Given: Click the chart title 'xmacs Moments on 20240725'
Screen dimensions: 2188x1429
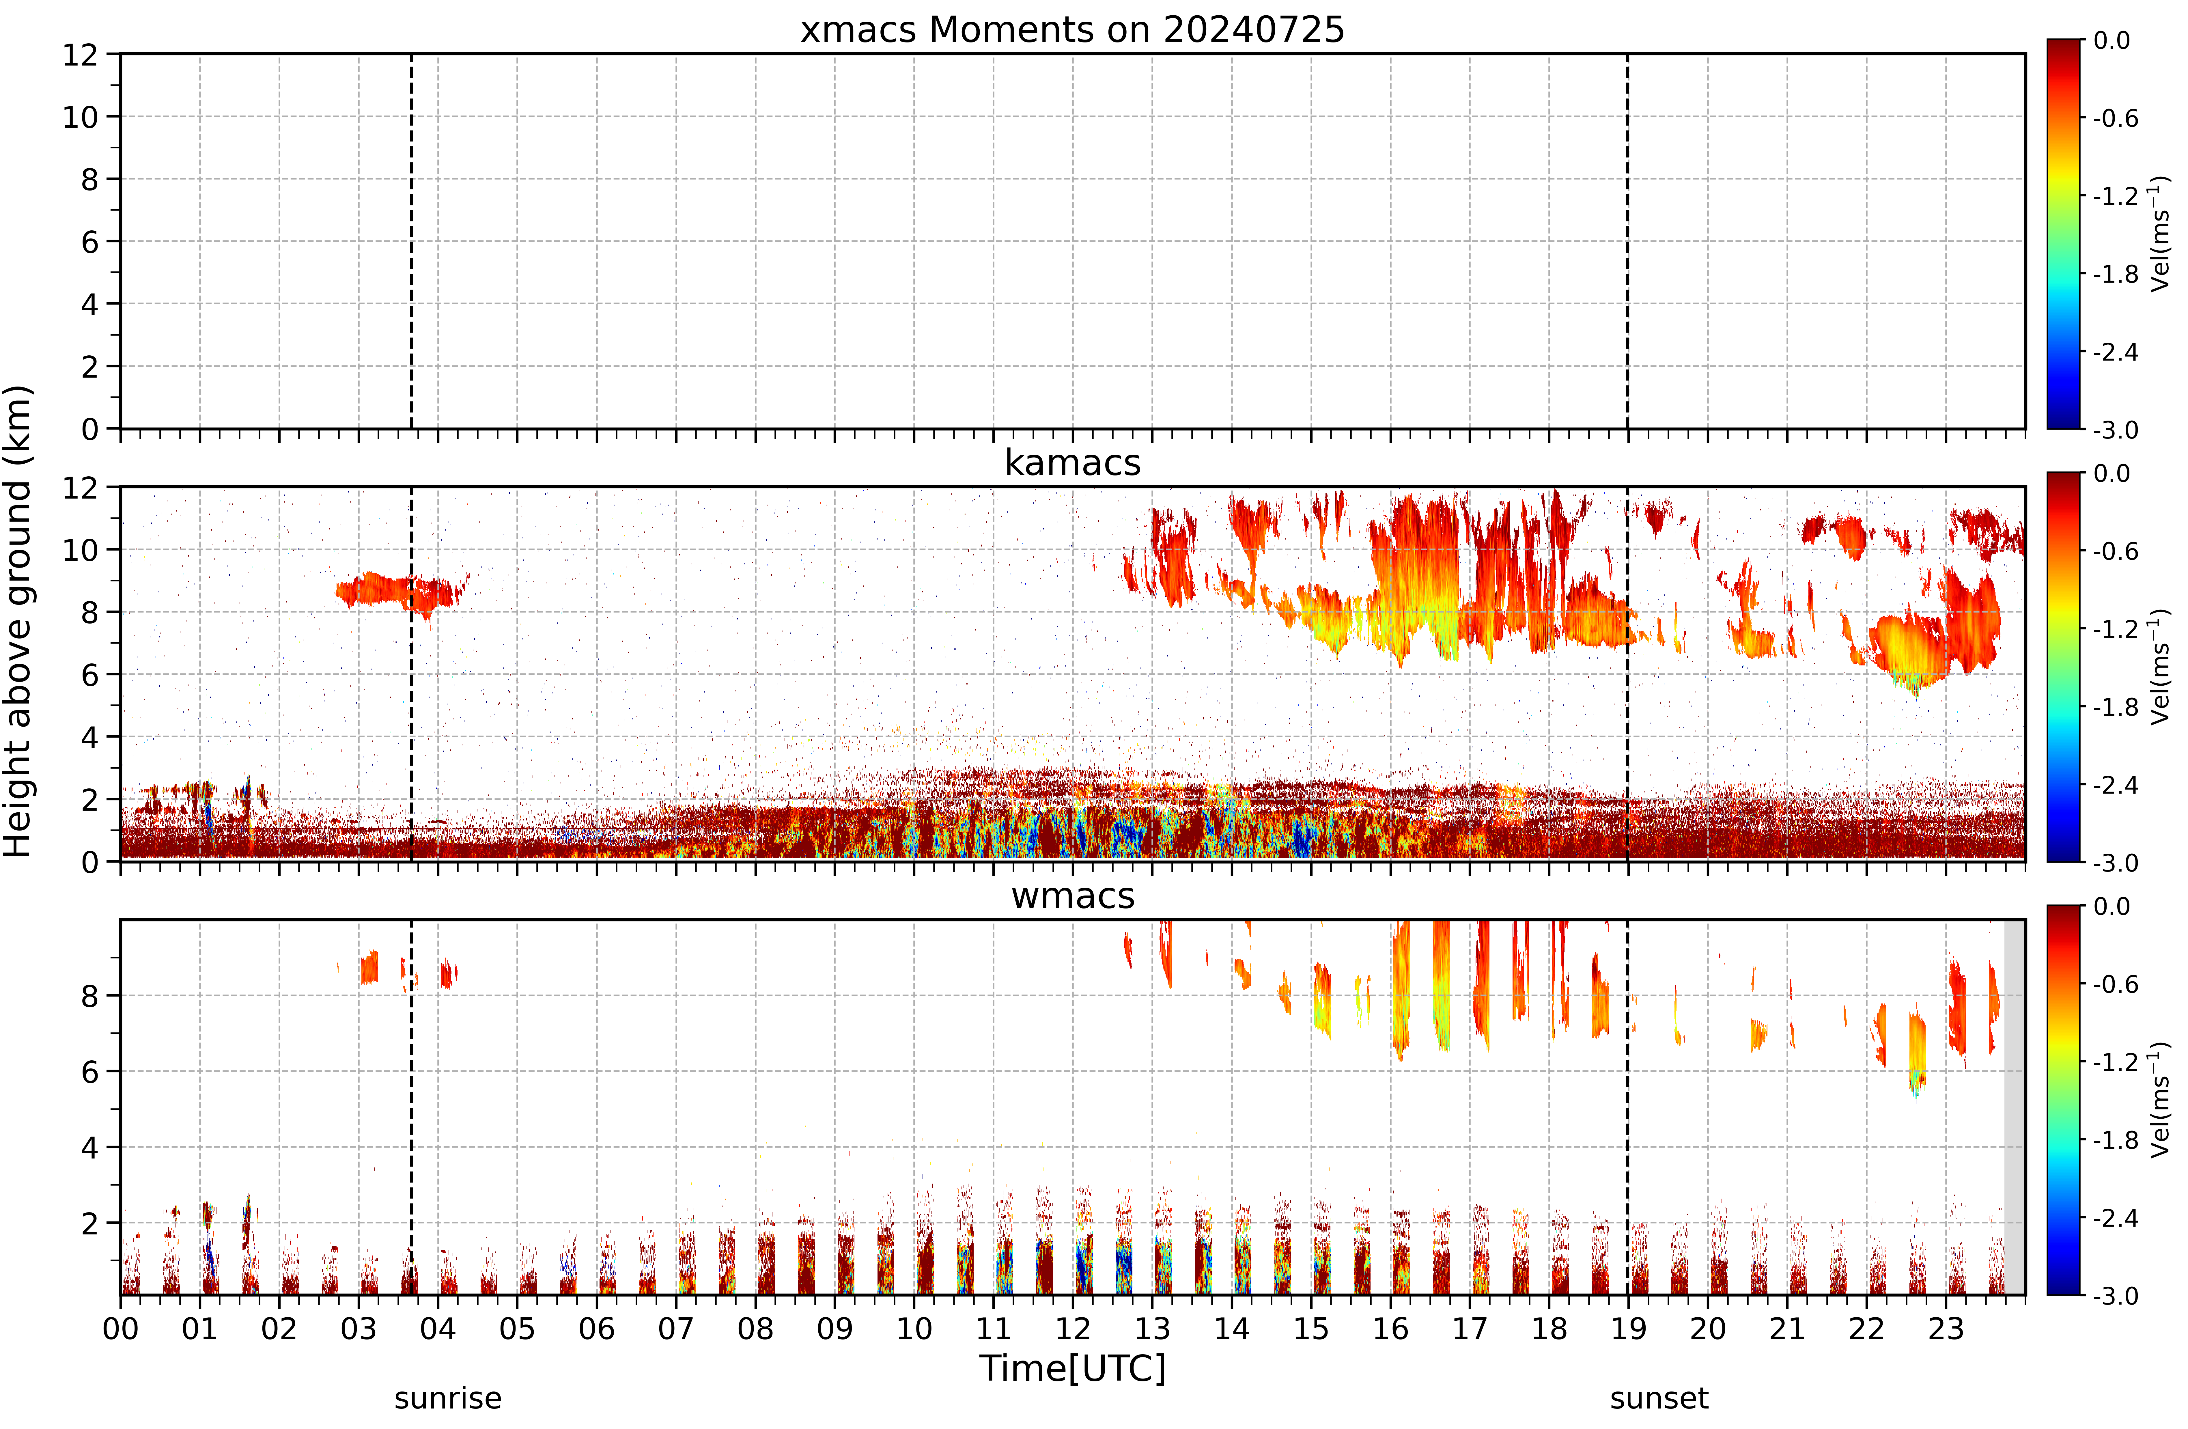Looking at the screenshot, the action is coord(1072,29).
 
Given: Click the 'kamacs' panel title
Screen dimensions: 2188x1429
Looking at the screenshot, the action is coord(1072,462).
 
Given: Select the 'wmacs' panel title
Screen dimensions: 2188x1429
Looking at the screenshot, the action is coord(1072,896).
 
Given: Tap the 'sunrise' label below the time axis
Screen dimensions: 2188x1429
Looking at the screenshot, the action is coord(448,1399).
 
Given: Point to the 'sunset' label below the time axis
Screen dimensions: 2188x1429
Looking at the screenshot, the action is coord(1659,1399).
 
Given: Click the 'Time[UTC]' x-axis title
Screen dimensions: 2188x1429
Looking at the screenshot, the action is coord(1072,1368).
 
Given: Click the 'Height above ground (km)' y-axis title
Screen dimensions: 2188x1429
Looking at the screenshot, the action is coord(18,622).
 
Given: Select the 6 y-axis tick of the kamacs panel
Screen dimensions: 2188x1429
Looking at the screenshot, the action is coord(89,675).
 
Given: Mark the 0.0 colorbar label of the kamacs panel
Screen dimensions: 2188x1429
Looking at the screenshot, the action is coord(2112,473).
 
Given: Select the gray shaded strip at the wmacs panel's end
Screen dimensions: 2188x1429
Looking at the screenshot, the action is coord(2014,1107).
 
